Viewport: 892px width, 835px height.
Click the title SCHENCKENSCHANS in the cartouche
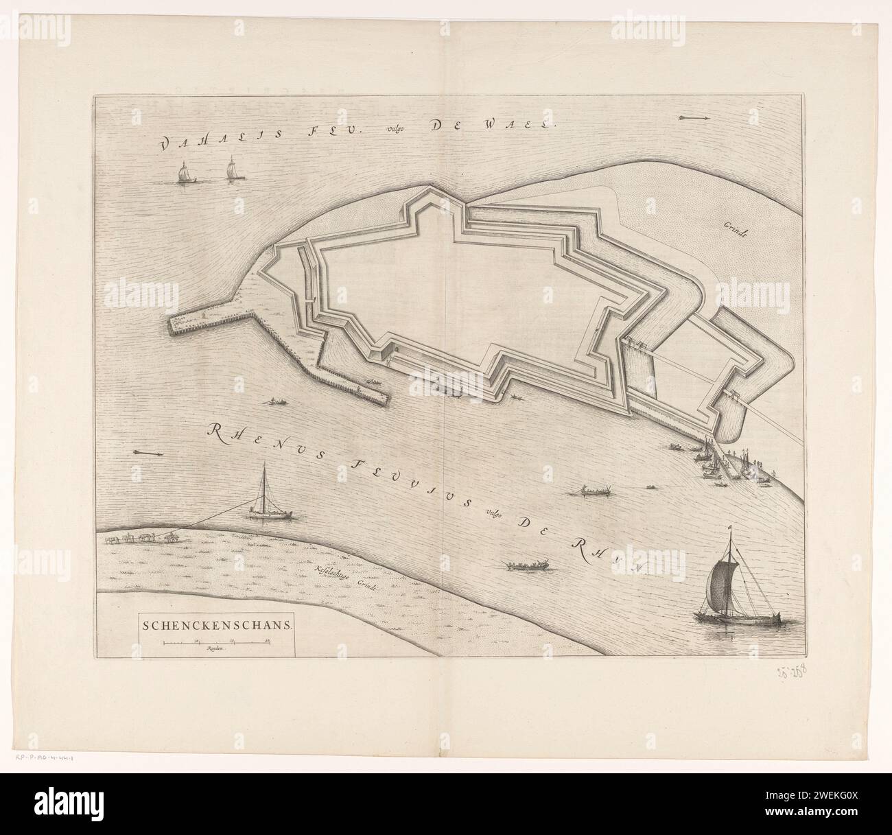(x=217, y=625)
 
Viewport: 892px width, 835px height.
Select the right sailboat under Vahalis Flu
(x=232, y=170)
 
